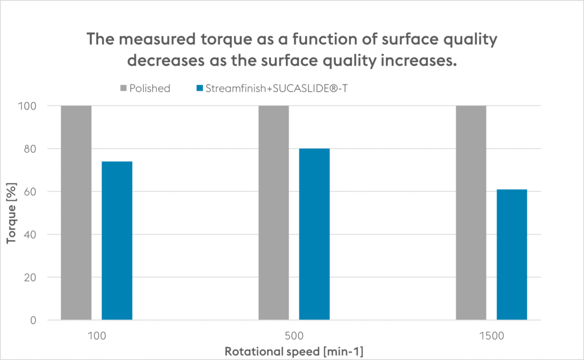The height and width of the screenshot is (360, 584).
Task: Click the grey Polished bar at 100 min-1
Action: tap(76, 213)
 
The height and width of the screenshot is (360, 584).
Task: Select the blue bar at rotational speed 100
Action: tap(117, 241)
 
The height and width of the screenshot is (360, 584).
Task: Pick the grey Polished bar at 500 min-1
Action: tap(273, 213)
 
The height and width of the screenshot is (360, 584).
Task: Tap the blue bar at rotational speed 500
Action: tap(314, 234)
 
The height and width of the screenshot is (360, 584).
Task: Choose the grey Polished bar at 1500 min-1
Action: tap(471, 213)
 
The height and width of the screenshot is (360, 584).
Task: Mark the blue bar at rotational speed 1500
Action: tap(512, 254)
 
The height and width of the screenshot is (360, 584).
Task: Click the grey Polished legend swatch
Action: tap(123, 88)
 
